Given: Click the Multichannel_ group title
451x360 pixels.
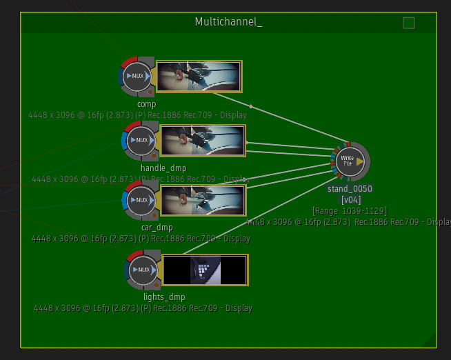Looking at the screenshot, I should [228, 22].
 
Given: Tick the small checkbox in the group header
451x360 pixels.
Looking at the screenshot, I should [408, 23].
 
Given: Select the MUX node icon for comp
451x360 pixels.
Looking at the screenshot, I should [137, 76].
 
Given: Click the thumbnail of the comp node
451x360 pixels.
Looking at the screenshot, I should [199, 76].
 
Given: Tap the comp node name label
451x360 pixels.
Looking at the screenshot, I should [146, 104].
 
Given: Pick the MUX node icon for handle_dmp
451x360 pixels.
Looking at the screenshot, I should [141, 140].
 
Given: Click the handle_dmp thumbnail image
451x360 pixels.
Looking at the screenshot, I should [203, 140].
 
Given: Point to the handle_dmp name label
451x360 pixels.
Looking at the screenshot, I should [163, 168].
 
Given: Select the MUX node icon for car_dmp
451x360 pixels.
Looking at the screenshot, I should [141, 200].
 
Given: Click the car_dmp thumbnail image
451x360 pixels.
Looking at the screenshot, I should [203, 200].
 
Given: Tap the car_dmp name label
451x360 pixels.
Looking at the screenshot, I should [157, 228].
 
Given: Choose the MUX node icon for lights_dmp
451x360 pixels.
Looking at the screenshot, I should [143, 270].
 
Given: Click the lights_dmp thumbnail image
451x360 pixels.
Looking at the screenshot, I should [206, 270].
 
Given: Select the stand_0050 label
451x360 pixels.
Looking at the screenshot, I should [350, 188].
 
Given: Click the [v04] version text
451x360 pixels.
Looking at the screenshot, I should [351, 199].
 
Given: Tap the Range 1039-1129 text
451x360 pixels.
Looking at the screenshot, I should [350, 210].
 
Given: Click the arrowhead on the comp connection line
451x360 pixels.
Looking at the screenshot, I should [252, 106].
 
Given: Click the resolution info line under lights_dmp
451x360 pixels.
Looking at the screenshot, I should [143, 308].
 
